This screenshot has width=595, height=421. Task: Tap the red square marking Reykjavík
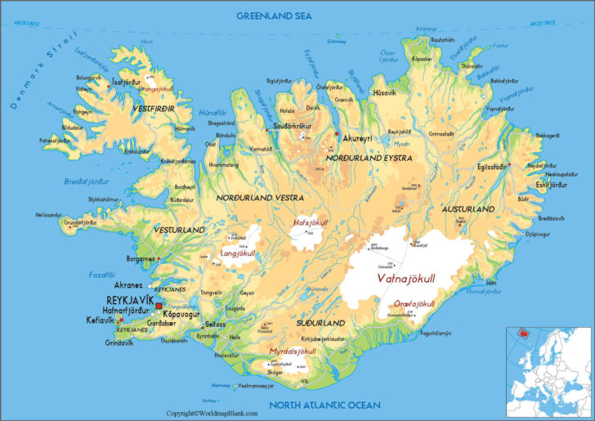pyautogui.click(x=159, y=306)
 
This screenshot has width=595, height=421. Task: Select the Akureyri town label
pyautogui.click(x=358, y=138)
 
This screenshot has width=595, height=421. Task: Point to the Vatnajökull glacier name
pyautogui.click(x=406, y=278)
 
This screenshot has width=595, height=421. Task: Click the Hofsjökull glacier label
pyautogui.click(x=310, y=222)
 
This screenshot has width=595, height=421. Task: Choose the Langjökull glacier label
pyautogui.click(x=239, y=253)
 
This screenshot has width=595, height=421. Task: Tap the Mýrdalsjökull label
pyautogui.click(x=293, y=351)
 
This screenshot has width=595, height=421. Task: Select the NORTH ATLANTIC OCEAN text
pyautogui.click(x=326, y=405)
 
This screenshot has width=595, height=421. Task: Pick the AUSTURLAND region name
pyautogui.click(x=468, y=210)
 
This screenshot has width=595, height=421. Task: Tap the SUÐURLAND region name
pyautogui.click(x=320, y=323)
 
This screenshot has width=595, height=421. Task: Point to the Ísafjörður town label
pyautogui.click(x=126, y=82)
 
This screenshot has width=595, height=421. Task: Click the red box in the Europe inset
pyautogui.click(x=520, y=334)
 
